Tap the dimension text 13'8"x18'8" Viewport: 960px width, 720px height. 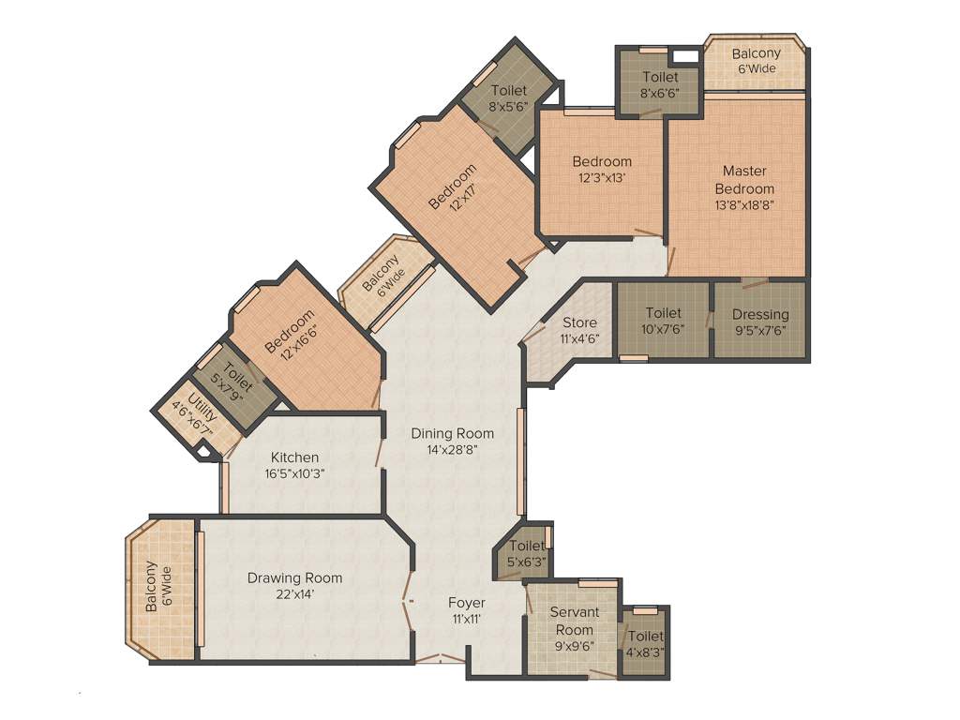(744, 203)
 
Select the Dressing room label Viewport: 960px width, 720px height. (760, 315)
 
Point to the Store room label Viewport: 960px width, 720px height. (580, 322)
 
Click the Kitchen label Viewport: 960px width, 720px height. (294, 457)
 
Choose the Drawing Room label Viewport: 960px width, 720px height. (294, 577)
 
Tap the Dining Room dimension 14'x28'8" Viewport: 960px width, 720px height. (452, 449)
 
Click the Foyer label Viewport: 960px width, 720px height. (466, 602)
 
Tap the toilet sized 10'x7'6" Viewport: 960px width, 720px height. (663, 321)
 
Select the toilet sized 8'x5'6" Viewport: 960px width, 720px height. (508, 98)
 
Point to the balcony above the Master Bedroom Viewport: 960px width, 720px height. (756, 61)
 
